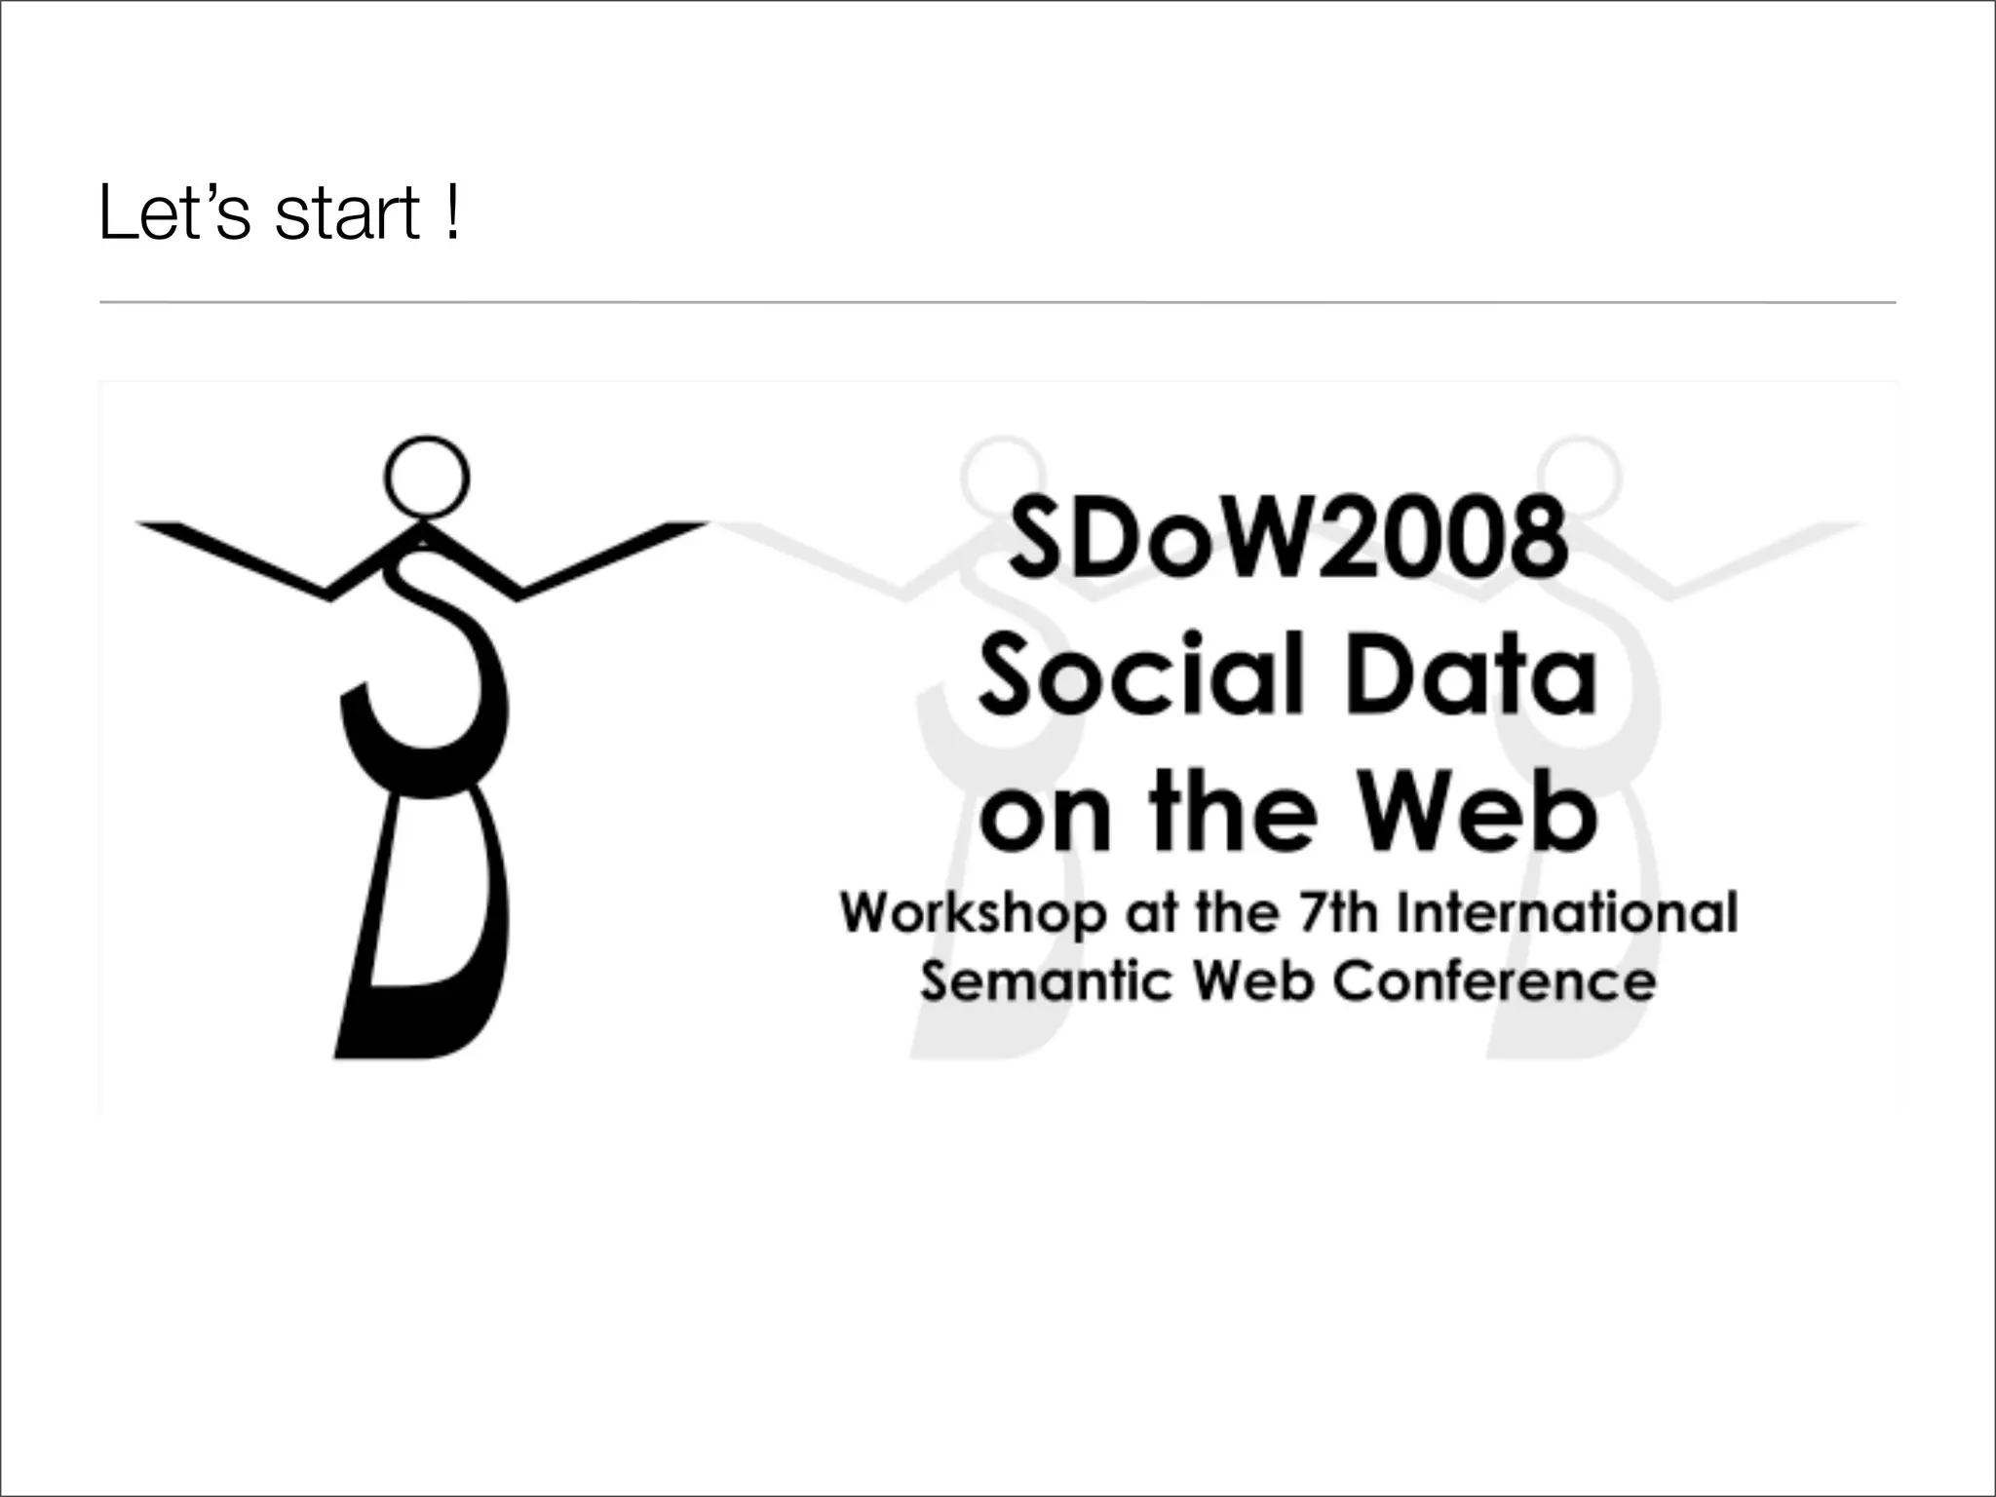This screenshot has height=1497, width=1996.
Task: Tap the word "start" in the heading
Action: click(348, 215)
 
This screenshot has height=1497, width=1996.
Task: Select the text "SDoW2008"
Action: click(1287, 537)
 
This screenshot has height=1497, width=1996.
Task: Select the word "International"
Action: click(1567, 913)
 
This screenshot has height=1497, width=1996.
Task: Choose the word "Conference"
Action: click(1493, 980)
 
